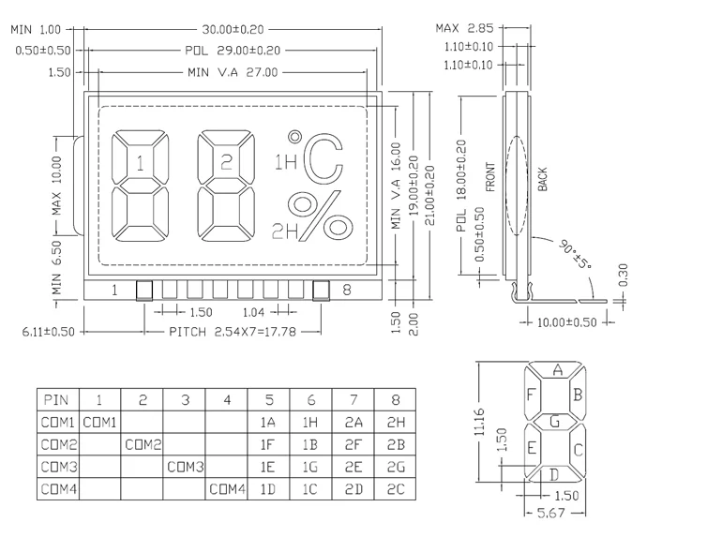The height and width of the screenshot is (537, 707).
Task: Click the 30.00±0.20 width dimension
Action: pos(233,30)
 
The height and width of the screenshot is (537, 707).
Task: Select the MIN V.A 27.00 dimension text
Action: pos(233,72)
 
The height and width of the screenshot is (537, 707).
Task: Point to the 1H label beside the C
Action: pos(286,162)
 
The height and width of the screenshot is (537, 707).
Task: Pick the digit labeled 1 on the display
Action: pos(141,186)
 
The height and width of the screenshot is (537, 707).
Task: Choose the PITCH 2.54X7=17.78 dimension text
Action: pos(233,332)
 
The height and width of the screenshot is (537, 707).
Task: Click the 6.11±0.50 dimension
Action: pos(48,332)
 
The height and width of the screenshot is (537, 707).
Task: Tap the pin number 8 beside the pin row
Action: pos(346,290)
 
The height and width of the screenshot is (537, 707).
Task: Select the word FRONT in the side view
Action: pos(490,177)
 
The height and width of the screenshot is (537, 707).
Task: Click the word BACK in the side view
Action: pos(542,179)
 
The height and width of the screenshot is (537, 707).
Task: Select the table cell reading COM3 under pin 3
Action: pos(186,467)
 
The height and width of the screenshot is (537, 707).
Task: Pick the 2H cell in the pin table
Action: pos(396,422)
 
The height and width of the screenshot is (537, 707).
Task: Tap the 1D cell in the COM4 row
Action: pos(268,489)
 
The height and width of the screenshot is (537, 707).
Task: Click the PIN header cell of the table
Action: pos(56,399)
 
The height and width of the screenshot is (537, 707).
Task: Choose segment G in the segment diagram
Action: pos(555,422)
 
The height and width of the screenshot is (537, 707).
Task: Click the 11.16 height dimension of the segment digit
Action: pos(479,422)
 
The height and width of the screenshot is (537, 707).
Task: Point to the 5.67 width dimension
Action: pos(551,514)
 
